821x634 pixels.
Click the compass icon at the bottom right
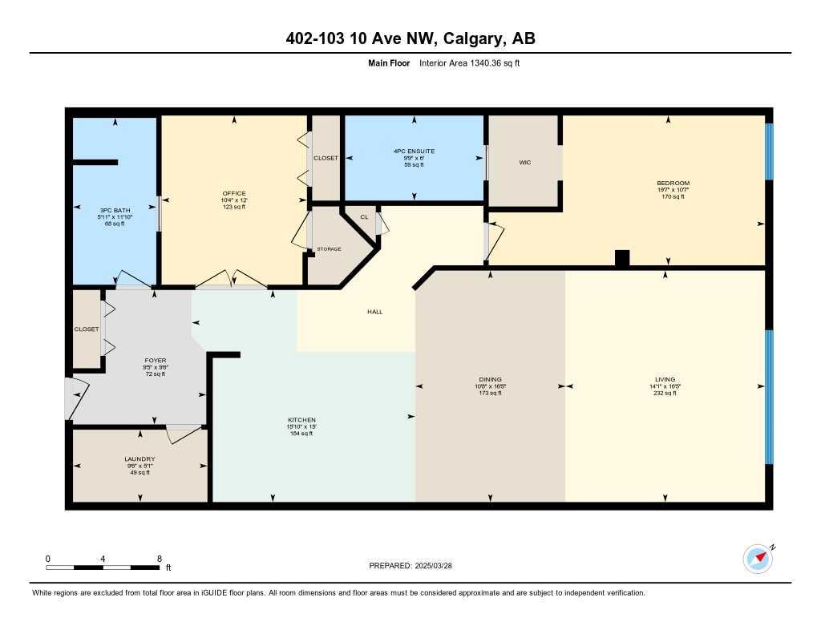[x=758, y=559]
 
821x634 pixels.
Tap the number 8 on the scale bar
[x=160, y=559]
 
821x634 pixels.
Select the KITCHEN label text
[x=302, y=420]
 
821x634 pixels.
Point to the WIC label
[x=525, y=163]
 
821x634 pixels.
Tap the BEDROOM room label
[x=673, y=184]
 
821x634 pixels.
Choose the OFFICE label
[x=234, y=193]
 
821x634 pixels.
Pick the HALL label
[x=374, y=312]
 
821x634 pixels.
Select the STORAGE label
[x=328, y=249]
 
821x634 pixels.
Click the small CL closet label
[x=363, y=216]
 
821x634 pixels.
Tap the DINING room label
[x=490, y=379]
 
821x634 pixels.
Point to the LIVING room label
[x=665, y=379]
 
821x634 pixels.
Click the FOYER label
[x=155, y=361]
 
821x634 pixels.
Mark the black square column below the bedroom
[x=622, y=258]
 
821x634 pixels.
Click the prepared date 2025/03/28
[x=439, y=565]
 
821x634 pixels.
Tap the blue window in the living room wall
[x=769, y=397]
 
